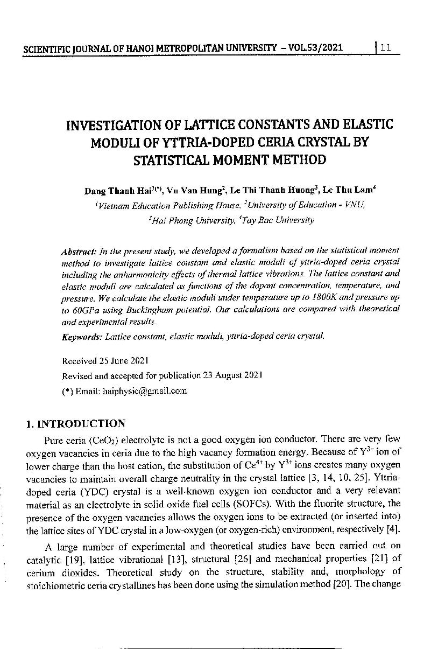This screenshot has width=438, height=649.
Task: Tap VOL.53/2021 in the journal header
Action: (312, 48)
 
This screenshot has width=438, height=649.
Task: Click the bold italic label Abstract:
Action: (79, 251)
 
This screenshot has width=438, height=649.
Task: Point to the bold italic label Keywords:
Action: (82, 337)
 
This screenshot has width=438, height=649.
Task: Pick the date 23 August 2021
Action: (232, 375)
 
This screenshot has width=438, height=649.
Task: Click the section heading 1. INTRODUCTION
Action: (76, 423)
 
